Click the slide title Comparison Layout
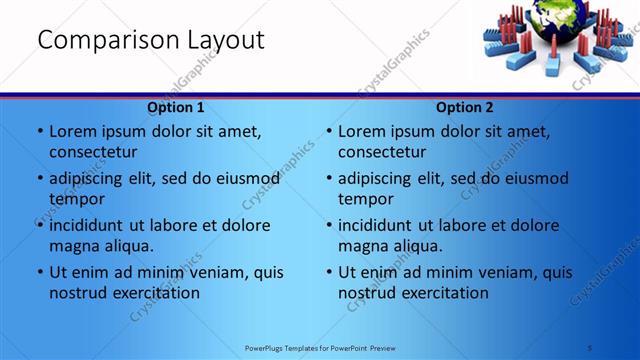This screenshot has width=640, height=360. (151, 40)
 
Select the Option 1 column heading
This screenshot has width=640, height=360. (176, 107)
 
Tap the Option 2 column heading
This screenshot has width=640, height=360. (465, 107)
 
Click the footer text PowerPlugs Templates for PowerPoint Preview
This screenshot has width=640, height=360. (320, 347)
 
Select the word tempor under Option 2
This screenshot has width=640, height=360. (366, 199)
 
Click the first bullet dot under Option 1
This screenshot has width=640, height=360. (39, 131)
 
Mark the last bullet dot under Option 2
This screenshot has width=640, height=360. (328, 272)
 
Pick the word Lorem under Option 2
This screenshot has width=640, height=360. (363, 131)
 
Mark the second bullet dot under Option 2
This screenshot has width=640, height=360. (328, 178)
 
